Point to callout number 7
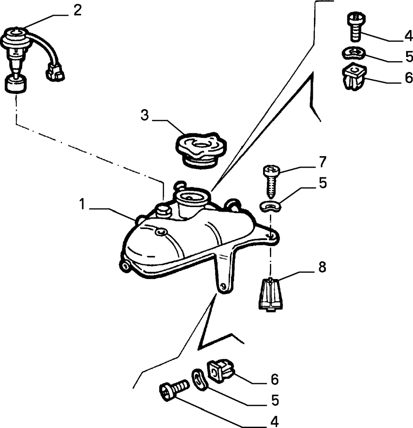pyautogui.click(x=322, y=162)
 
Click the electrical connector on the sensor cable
pyautogui.click(x=55, y=72)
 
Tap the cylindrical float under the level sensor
pyautogui.click(x=16, y=84)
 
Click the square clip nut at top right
pyautogui.click(x=354, y=77)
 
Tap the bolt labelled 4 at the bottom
pyautogui.click(x=174, y=389)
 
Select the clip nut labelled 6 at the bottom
pyautogui.click(x=221, y=370)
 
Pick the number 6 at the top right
pyautogui.click(x=409, y=78)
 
